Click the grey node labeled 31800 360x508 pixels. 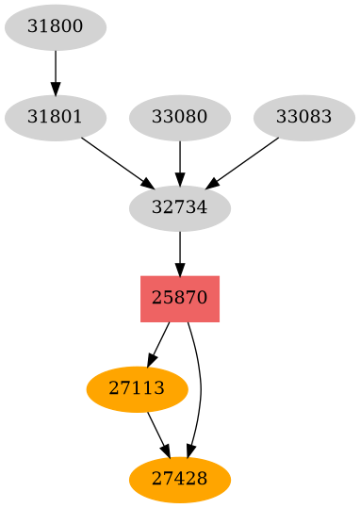55,27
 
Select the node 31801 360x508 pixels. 55,118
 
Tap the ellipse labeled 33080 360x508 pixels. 179,118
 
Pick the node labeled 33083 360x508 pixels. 303,118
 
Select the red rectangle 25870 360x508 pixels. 179,298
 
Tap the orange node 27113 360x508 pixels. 137,388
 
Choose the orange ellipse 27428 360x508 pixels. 179,478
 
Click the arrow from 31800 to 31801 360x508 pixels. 55,72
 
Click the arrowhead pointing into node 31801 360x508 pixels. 55,89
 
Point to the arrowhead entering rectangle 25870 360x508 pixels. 179,269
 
